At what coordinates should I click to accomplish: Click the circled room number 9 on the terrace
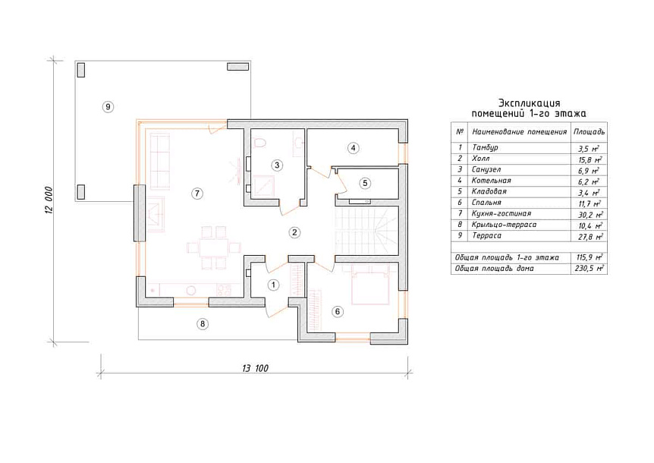108,107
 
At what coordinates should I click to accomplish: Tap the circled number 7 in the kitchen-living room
197,193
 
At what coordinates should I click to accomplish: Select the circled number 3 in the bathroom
277,165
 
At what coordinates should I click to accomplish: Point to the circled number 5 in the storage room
365,183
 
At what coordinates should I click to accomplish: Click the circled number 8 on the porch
203,323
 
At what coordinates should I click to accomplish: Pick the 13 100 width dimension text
255,368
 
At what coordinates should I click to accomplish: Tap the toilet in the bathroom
259,142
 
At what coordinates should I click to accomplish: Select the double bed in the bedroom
371,285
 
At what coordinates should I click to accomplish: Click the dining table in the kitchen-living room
213,247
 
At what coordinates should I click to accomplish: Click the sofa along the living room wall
160,162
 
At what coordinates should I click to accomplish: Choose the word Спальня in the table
486,203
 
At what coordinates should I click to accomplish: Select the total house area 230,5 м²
589,268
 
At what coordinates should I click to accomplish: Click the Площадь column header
589,132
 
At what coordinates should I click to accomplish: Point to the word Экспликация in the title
530,102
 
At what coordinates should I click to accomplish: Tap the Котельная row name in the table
491,180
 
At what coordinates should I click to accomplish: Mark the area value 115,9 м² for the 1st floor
589,257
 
